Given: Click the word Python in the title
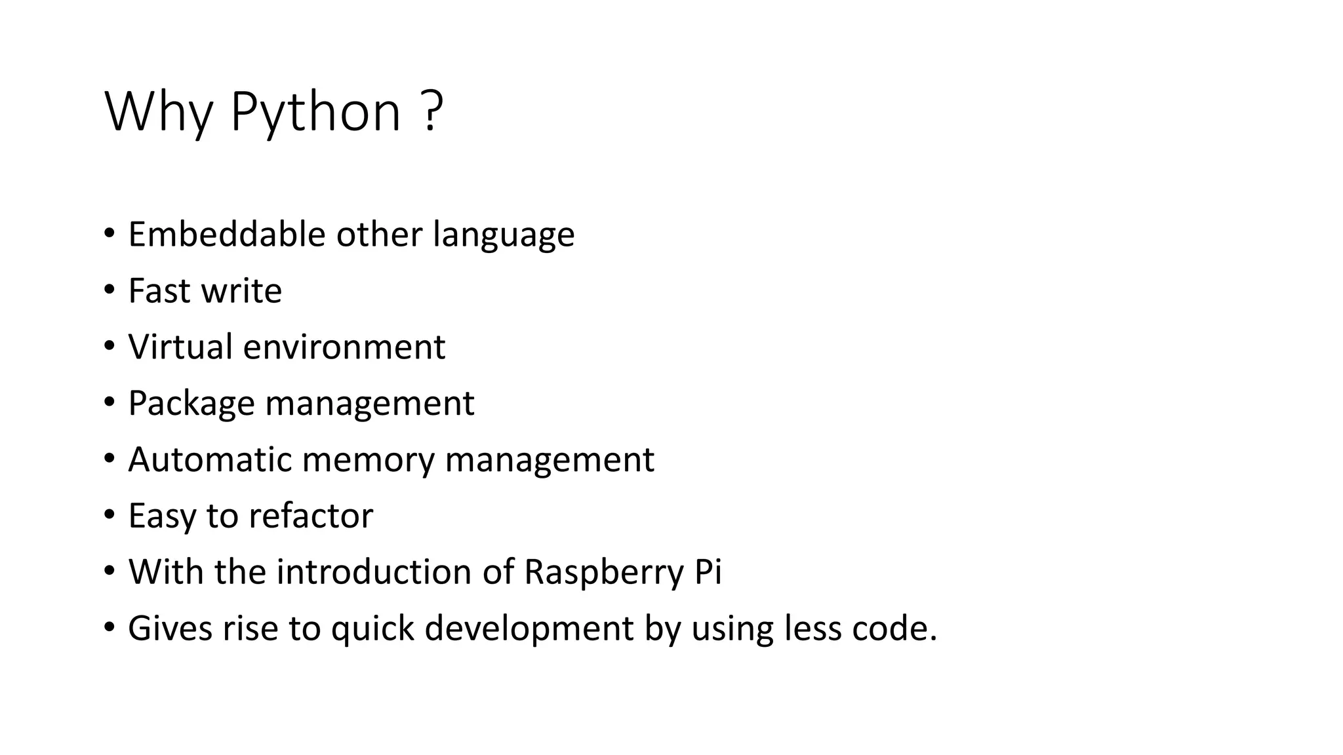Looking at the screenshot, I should [x=315, y=113].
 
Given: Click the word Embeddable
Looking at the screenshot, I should [x=226, y=234].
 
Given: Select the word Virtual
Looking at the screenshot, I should [x=180, y=347].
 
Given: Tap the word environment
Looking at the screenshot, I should [x=344, y=347].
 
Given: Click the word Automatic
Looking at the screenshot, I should [x=210, y=459].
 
